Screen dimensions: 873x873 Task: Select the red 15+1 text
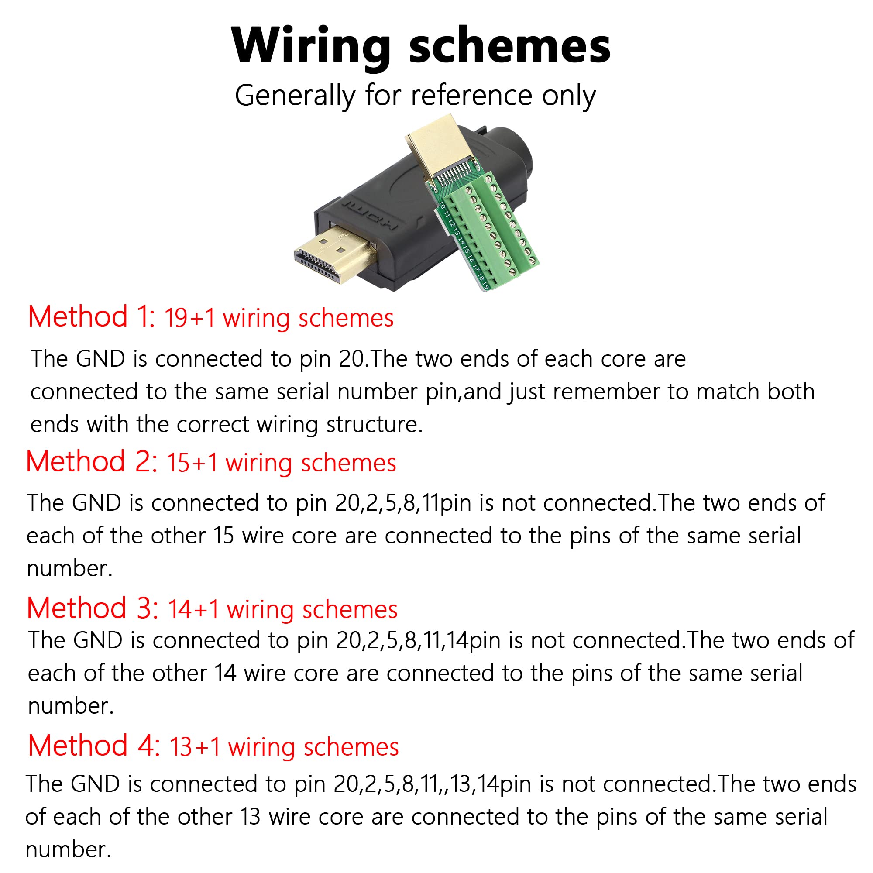[x=192, y=463]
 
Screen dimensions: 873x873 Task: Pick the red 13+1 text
[x=195, y=747]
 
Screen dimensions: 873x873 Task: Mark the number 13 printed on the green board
[x=457, y=232]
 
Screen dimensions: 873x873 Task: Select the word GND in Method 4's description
[x=95, y=784]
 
